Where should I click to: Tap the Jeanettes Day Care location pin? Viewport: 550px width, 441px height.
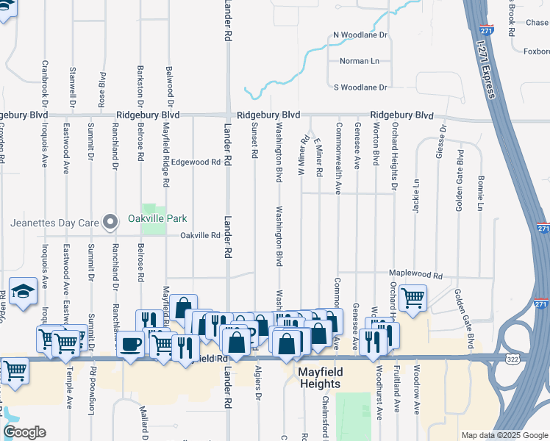110,221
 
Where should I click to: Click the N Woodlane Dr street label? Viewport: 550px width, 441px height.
360,35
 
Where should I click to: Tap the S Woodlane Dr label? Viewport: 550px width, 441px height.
360,87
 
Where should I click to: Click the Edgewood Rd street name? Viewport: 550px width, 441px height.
196,162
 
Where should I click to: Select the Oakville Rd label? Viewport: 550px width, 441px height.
201,235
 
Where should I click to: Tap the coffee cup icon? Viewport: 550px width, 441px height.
132,344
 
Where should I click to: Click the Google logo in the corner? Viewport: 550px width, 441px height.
24,432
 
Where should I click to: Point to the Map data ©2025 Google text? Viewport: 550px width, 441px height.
504,436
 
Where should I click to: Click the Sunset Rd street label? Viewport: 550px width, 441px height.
254,140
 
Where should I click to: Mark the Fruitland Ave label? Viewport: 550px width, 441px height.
397,393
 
